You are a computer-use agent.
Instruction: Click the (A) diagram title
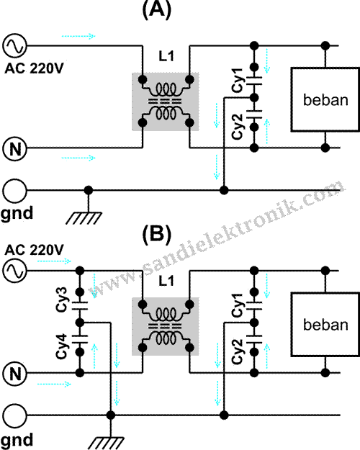click(158, 11)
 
